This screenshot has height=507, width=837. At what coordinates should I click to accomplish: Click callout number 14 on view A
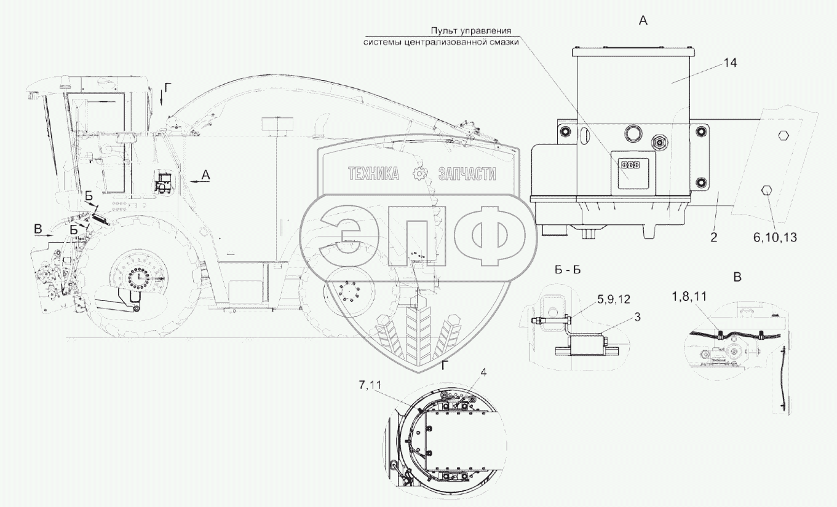point(730,63)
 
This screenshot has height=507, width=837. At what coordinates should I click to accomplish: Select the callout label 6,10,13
point(775,237)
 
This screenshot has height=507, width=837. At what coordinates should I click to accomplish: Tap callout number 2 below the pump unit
point(713,237)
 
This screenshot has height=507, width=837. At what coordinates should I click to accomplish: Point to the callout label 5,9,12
point(614,299)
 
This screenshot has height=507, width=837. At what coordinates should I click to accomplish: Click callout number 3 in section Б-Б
point(638,316)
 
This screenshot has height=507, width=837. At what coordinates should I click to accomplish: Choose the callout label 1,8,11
point(689,296)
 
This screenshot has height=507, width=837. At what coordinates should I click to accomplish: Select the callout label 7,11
point(370,385)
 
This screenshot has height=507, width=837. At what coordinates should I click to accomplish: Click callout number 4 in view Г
point(483,372)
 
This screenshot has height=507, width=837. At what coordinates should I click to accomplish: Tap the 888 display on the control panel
point(630,165)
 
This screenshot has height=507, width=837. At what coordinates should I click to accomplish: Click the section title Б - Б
point(568,270)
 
